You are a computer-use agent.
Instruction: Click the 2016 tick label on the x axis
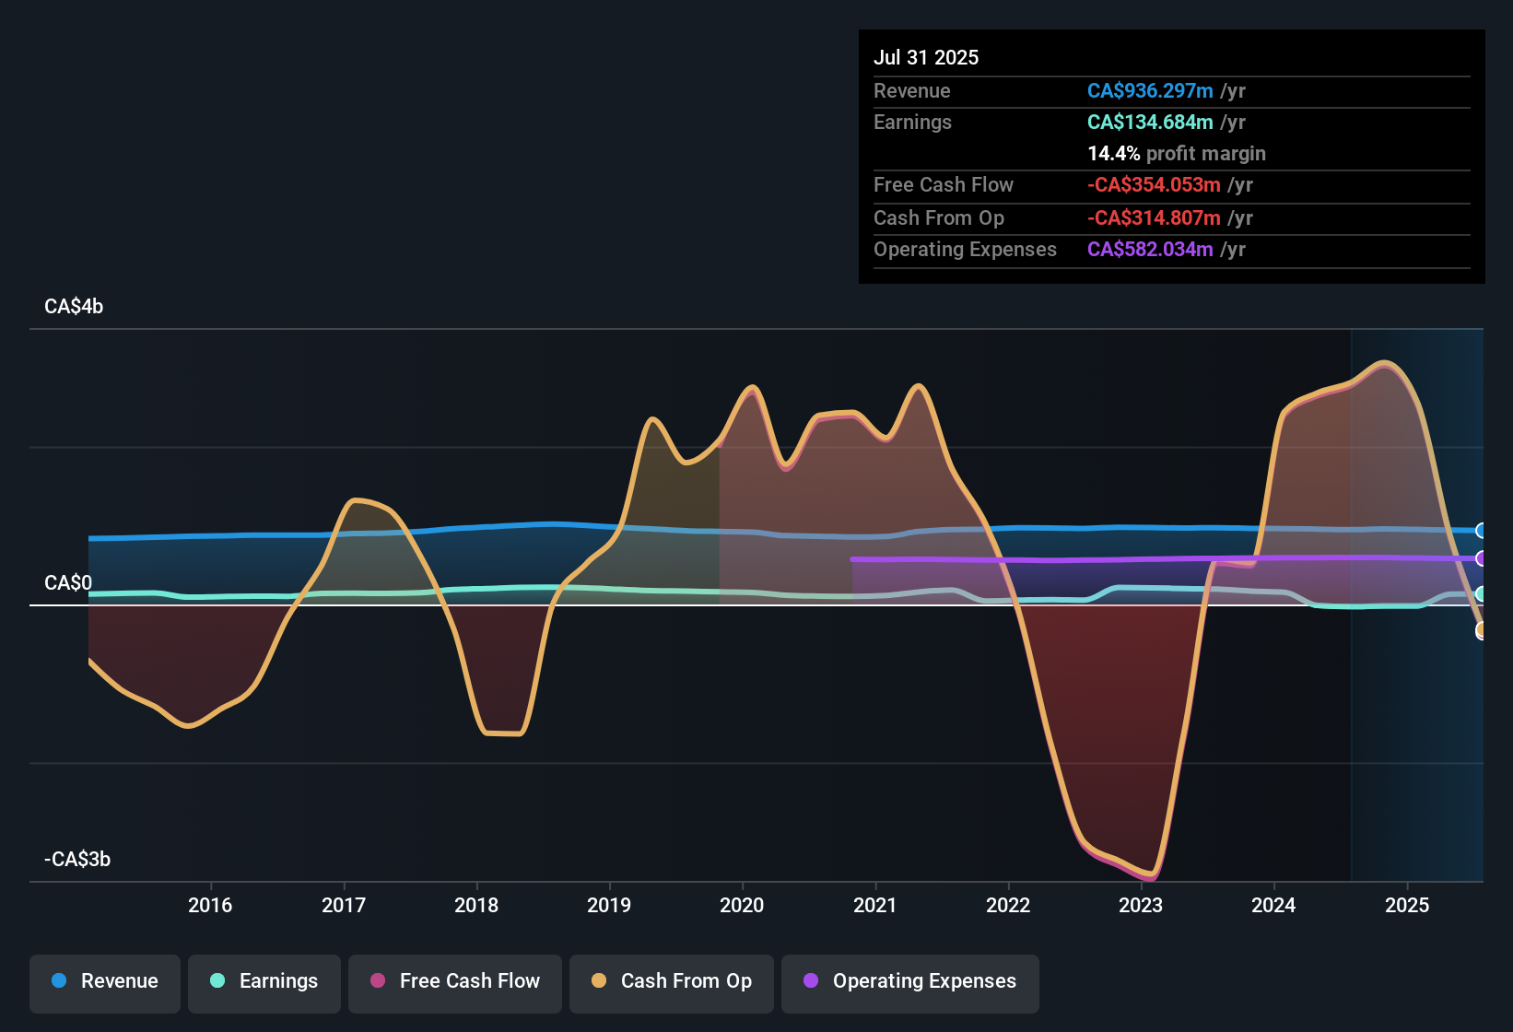click(x=210, y=905)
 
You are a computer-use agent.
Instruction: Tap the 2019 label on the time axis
click(x=609, y=905)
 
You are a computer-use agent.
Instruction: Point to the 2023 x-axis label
click(x=1141, y=905)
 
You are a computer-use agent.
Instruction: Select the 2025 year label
click(x=1407, y=905)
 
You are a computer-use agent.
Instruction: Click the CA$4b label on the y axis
click(x=74, y=307)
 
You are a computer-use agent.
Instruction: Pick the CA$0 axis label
click(x=68, y=583)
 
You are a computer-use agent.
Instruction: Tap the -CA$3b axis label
click(x=77, y=860)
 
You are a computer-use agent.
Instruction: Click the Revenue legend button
click(x=105, y=981)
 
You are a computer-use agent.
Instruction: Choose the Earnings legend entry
click(x=264, y=981)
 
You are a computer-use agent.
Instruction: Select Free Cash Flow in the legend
click(x=455, y=981)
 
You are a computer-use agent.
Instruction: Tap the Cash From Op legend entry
click(x=672, y=981)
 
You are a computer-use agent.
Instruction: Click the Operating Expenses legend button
click(x=910, y=981)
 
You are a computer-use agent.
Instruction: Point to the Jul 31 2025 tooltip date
click(x=926, y=57)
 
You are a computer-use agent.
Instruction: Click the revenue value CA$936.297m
click(x=1150, y=90)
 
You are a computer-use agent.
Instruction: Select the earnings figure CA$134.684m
click(x=1150, y=122)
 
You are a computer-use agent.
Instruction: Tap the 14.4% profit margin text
click(x=1177, y=153)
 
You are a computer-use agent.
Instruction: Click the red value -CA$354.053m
click(x=1154, y=184)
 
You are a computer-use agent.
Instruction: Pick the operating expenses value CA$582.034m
click(x=1150, y=249)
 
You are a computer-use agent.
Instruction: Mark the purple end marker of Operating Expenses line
click(x=1481, y=558)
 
